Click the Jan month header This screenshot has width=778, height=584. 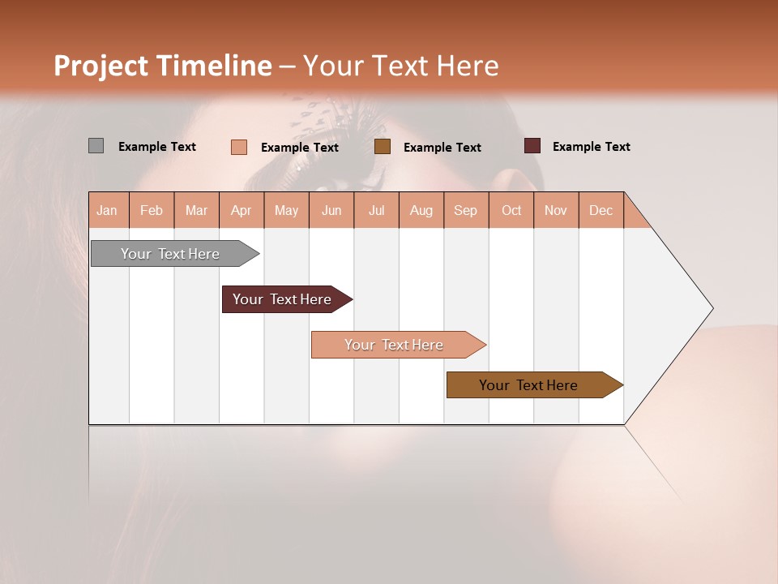point(107,210)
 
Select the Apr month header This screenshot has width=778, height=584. point(242,210)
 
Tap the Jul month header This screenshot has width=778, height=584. point(376,210)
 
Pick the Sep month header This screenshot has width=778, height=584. point(465,210)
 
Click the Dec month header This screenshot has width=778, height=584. point(601,210)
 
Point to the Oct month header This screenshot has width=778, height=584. point(511,210)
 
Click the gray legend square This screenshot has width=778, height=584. point(96,146)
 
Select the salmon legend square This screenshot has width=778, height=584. point(238,147)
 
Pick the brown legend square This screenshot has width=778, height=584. point(383,147)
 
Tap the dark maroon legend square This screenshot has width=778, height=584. point(532,146)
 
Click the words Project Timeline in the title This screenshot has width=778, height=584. point(162,66)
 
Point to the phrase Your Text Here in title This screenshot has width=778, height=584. point(401,66)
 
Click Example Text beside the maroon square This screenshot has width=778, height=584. point(591,147)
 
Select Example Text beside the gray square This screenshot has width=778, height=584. point(157,147)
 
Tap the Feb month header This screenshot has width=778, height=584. point(152,210)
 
